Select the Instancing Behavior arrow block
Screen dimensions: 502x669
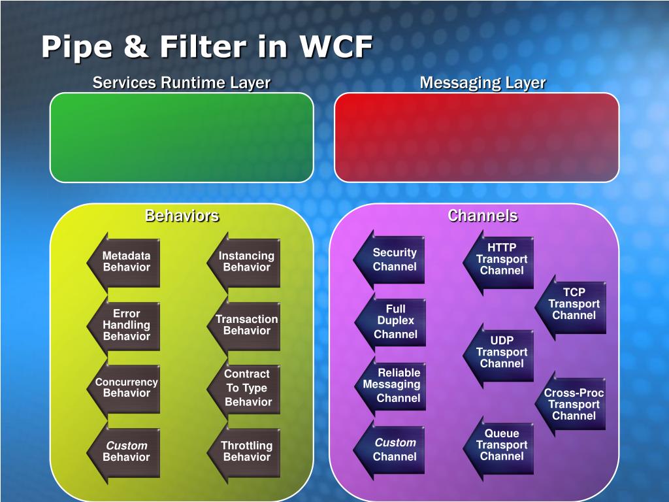tap(246, 261)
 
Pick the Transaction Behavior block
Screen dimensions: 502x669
tap(246, 325)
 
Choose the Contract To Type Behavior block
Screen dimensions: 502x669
tap(246, 388)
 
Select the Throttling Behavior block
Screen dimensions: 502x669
tap(246, 451)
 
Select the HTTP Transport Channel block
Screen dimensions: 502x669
tap(500, 259)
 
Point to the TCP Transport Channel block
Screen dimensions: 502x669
tap(572, 304)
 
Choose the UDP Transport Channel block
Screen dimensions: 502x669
tap(500, 352)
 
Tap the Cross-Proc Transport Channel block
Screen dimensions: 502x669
tap(572, 404)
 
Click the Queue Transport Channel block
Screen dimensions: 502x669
tap(500, 444)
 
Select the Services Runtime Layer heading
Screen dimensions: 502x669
tap(182, 83)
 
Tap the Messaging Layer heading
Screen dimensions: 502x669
tap(482, 83)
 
